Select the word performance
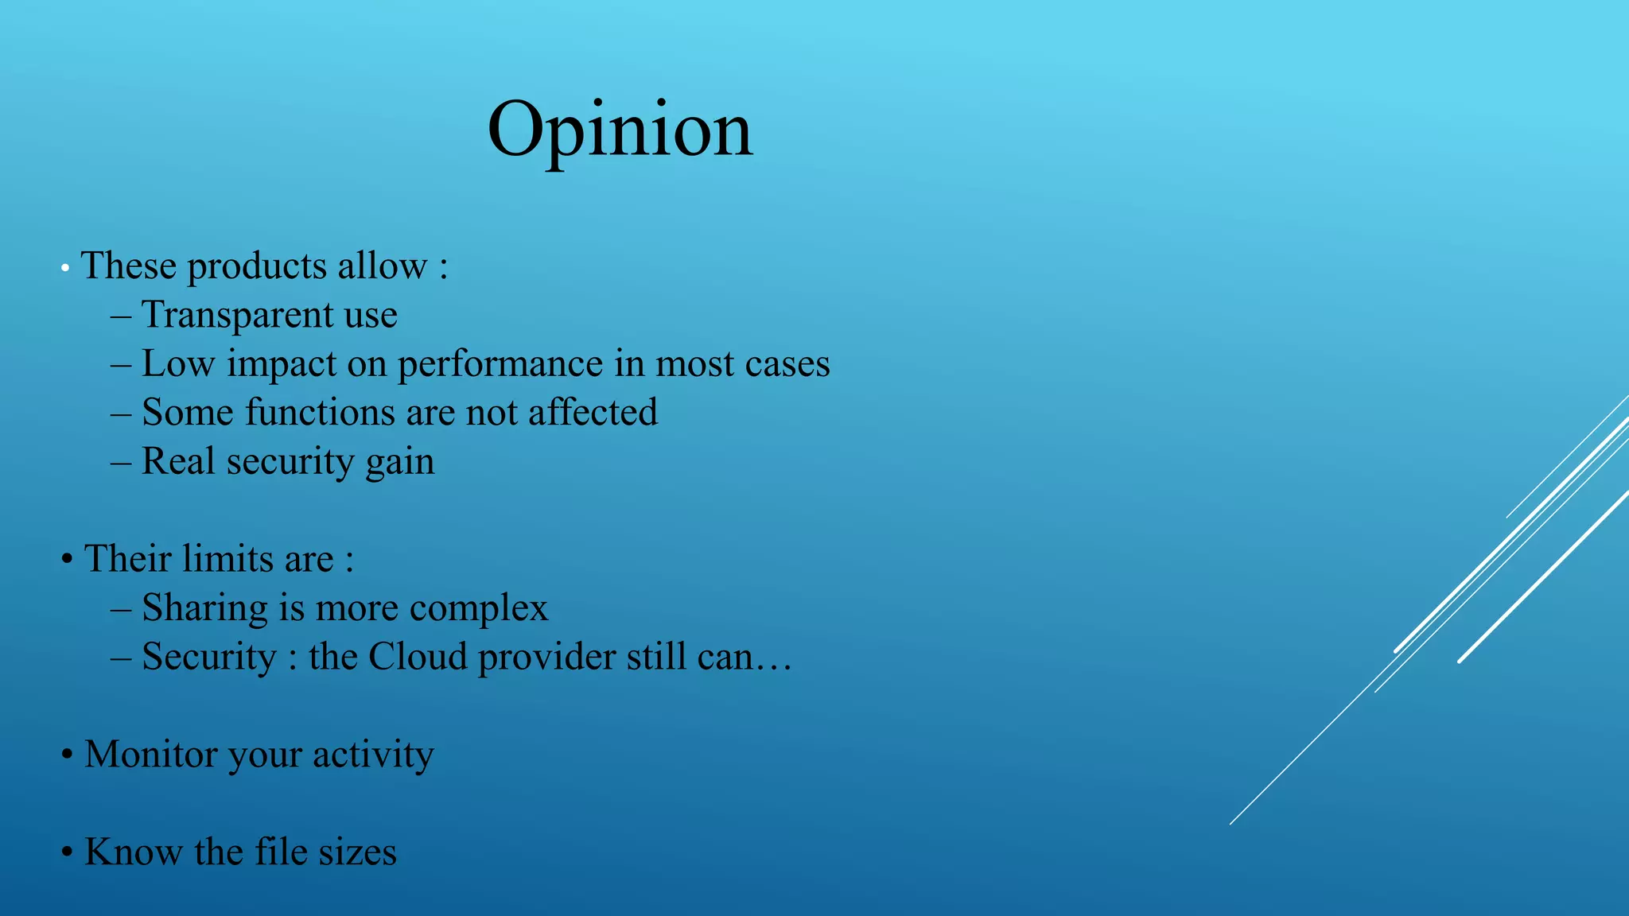[500, 365]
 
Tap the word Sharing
[204, 609]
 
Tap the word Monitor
[150, 755]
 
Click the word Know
[133, 852]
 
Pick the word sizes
[357, 852]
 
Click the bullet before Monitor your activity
[68, 755]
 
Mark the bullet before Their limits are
[68, 559]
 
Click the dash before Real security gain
[121, 462]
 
